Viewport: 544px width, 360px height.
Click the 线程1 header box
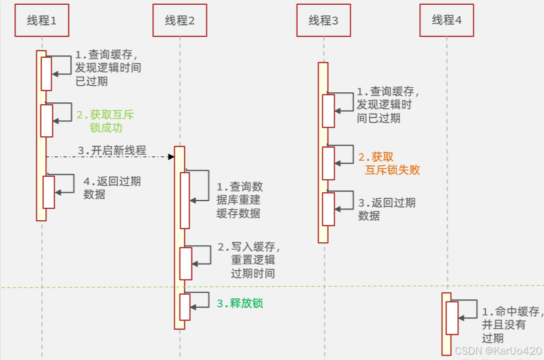click(x=42, y=20)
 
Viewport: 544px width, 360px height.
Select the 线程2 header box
click(x=180, y=20)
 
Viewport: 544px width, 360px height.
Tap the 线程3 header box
click(x=323, y=20)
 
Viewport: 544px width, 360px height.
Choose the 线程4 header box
click(x=446, y=20)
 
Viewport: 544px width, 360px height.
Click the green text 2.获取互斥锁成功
click(x=106, y=121)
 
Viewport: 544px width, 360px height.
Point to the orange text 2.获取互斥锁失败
click(x=389, y=163)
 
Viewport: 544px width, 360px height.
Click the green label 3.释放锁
click(x=240, y=303)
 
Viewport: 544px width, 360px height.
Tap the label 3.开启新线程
click(x=112, y=150)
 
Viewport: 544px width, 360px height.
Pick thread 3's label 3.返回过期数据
click(x=386, y=209)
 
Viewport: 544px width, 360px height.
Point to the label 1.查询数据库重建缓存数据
click(x=238, y=200)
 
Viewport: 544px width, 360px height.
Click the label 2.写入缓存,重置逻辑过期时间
click(x=249, y=260)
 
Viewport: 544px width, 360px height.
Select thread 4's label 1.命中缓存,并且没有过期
click(x=511, y=325)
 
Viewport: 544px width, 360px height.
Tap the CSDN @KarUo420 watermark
click(x=498, y=350)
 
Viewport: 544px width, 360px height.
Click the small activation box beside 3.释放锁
click(x=185, y=306)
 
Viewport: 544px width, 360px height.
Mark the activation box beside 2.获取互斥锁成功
click(x=46, y=121)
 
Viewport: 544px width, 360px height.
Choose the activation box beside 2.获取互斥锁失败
click(x=328, y=163)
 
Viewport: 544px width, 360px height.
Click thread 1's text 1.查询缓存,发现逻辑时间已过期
click(x=108, y=68)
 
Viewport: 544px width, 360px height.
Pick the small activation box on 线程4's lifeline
click(x=452, y=318)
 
